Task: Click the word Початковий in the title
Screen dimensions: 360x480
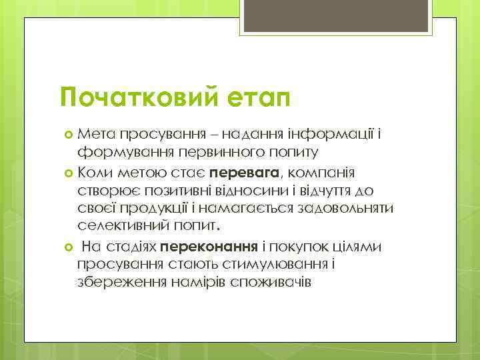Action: point(136,99)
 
